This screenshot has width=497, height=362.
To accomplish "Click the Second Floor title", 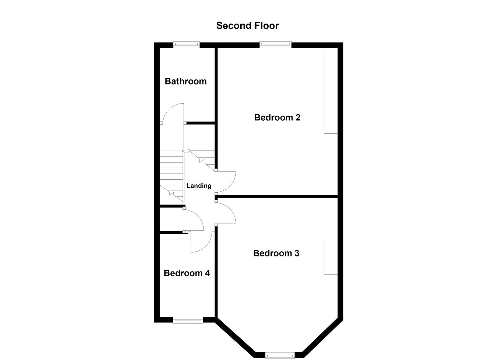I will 247,26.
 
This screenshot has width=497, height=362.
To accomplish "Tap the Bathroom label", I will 185,81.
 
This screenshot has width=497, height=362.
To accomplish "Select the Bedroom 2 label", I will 277,117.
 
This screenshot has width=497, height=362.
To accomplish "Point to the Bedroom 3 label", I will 276,253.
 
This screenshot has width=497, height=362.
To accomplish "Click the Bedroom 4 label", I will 187,273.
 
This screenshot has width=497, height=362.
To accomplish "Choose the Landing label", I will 199,186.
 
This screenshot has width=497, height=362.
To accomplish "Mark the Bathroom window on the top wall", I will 186,45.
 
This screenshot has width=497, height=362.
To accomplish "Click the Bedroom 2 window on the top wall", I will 275,45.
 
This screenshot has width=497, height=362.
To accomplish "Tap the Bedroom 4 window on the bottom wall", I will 188,321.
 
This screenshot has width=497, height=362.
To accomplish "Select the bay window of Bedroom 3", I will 280,355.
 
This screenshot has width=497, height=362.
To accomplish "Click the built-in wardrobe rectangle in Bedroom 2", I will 330,91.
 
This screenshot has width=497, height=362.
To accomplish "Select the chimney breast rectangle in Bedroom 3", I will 330,257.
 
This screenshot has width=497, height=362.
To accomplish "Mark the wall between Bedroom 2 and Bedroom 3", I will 276,196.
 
